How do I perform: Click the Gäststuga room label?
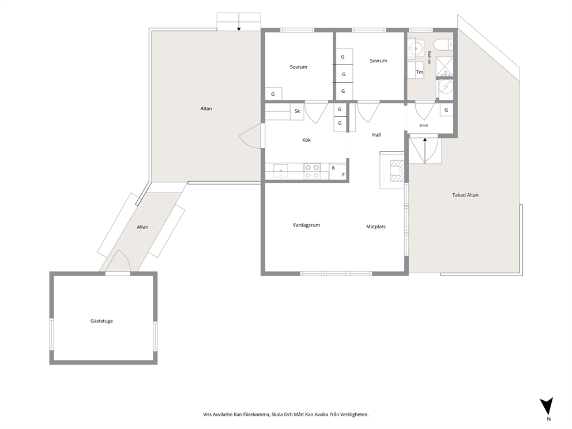(x=101, y=321)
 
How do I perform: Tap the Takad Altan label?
(x=465, y=195)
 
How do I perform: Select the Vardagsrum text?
(x=306, y=225)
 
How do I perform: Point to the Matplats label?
(x=376, y=227)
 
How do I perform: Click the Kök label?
(x=306, y=140)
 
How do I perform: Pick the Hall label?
(x=377, y=135)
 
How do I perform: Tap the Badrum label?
(x=430, y=57)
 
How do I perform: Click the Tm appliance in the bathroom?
(x=420, y=72)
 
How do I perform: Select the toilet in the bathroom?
(x=445, y=44)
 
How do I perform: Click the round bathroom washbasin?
(x=415, y=47)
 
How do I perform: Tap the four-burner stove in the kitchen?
(x=312, y=171)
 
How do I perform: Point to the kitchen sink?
(x=280, y=171)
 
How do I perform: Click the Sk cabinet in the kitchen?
(x=298, y=112)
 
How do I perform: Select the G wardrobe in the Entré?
(x=446, y=110)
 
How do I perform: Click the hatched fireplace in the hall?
(x=396, y=171)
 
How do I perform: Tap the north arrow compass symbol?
(x=547, y=406)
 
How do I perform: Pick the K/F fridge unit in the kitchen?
(x=337, y=171)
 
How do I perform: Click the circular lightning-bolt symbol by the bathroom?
(x=445, y=87)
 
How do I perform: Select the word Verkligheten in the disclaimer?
(x=353, y=415)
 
